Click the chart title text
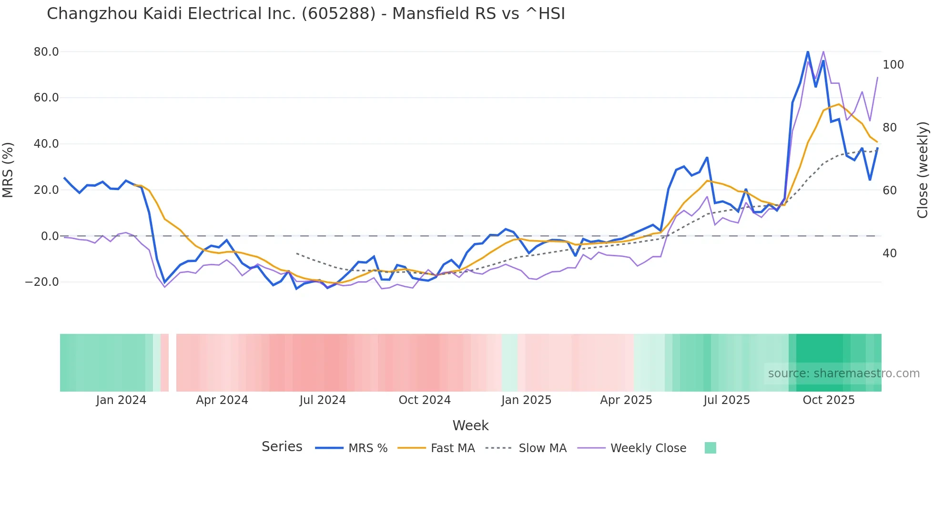coord(305,14)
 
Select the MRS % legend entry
coord(367,448)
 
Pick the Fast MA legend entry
coord(452,448)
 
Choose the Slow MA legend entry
coord(542,448)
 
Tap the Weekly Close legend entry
coord(648,448)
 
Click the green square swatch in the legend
coord(710,448)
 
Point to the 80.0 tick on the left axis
coord(46,52)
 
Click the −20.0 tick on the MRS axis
coord(42,282)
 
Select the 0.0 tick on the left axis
coord(50,236)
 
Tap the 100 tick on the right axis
coord(893,65)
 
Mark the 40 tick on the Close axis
coord(890,253)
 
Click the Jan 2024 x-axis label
coord(121,400)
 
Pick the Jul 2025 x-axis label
coord(726,400)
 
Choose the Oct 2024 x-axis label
coord(425,400)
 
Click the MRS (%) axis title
coord(8,170)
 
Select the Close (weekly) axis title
coord(923,170)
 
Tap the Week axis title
coord(470,425)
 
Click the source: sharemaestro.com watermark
coord(843,374)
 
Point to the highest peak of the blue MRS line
coord(808,51)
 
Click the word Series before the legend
coord(282,447)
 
